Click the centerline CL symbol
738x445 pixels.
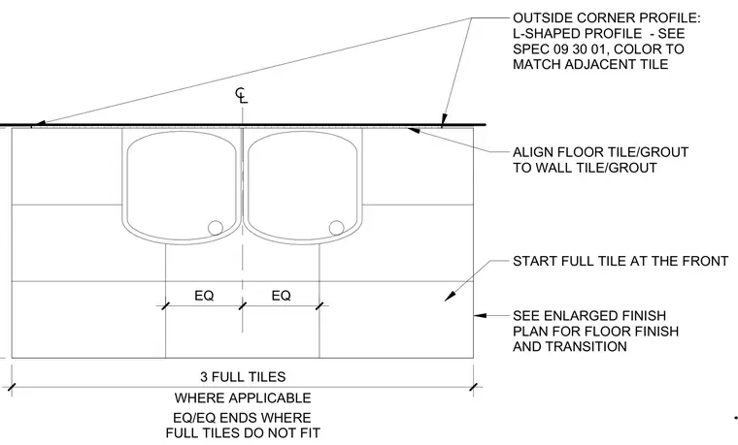242,95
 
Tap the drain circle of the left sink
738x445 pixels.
216,228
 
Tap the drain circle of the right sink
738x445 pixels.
337,228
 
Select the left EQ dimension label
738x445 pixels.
204,296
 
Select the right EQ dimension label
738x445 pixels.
281,296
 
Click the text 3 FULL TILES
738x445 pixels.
243,377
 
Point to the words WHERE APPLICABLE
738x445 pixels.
243,398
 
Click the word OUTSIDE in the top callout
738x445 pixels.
543,17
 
